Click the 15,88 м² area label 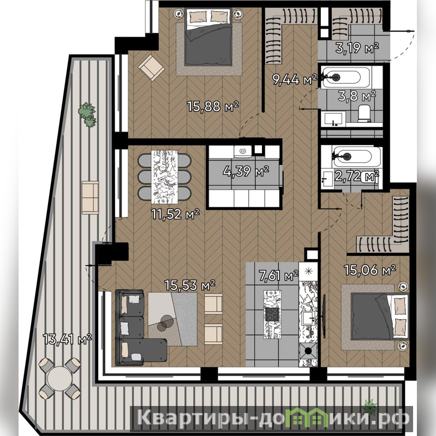tap(213, 106)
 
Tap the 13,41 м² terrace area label tap(67, 339)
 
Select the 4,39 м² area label tap(246, 171)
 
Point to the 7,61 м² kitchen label tap(279, 276)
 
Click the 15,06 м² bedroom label tap(370, 270)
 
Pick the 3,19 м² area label tap(357, 48)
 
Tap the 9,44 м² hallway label tap(295, 80)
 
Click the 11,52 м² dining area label tap(175, 214)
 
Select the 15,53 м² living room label tap(190, 285)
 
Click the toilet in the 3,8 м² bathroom tap(365, 114)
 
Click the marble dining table tap(164, 177)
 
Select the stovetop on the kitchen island tap(272, 314)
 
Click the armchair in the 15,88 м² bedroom tap(151, 68)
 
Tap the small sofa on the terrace tap(91, 198)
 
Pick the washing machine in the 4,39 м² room tap(243, 152)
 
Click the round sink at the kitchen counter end tap(308, 351)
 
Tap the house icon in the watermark tap(310, 416)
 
